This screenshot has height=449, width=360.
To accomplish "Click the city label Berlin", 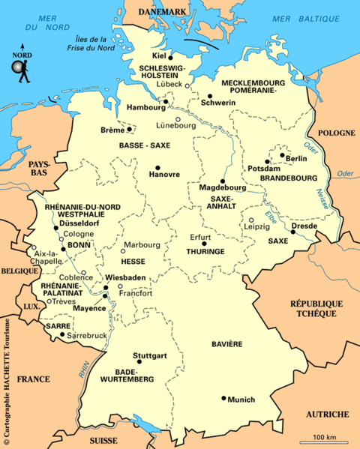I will (297, 159).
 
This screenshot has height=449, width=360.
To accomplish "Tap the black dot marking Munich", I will (223, 398).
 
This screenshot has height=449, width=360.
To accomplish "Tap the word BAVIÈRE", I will (226, 343).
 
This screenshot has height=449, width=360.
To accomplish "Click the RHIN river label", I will (81, 367).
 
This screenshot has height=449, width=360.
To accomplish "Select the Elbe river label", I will (271, 217).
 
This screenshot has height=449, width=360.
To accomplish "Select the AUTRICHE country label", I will (328, 414).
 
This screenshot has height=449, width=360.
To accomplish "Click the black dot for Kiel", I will (171, 57).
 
